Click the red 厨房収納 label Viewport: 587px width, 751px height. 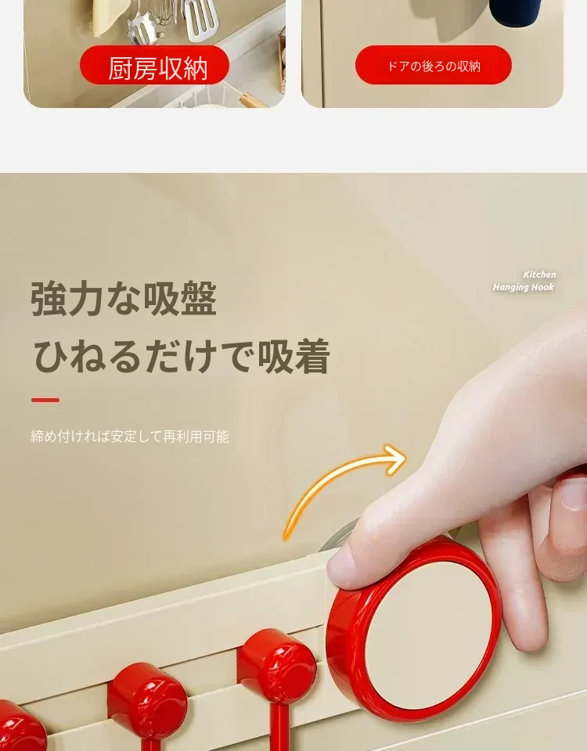coord(154,65)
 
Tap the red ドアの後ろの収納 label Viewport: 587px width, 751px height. coord(433,65)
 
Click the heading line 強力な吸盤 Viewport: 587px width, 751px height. coord(124,299)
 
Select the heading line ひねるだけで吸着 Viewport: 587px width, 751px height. coord(182,356)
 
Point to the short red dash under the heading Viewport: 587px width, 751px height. coord(45,400)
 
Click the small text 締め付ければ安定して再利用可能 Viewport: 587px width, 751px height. coord(130,437)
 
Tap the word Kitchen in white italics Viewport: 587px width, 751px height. coord(539,275)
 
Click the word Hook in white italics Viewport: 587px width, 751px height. coord(542,287)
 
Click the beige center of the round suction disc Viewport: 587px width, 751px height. coord(428,634)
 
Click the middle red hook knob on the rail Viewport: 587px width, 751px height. coord(147,699)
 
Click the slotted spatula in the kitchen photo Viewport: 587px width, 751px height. coord(201,19)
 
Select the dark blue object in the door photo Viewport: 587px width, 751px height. coord(515,12)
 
